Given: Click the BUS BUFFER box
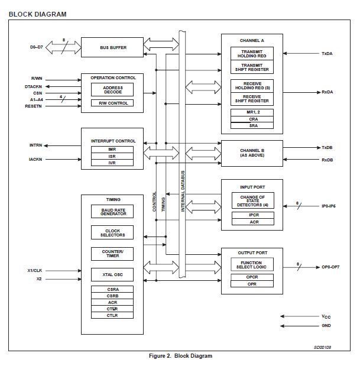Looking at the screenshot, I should coord(112,47).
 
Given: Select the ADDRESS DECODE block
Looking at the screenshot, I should coord(112,89).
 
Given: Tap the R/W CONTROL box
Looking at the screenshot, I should coord(112,103).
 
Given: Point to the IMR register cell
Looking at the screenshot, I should coord(112,150).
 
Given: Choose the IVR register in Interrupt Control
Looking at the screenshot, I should coord(112,163).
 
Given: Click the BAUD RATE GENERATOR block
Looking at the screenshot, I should coord(112,212).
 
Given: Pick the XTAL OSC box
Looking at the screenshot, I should coord(112,274).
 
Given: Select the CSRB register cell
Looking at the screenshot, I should coord(112,296).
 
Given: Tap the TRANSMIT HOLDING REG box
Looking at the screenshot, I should coord(252,53).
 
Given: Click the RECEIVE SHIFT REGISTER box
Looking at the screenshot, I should coord(252,99).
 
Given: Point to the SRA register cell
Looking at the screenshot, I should coord(252,125).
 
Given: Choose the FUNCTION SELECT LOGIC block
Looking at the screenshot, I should coord(252,265).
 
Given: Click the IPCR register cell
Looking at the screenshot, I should coord(252,215).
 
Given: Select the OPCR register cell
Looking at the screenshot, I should coord(252,277).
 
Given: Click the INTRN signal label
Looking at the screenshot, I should coord(36,145).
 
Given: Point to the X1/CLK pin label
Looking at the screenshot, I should coord(34,270).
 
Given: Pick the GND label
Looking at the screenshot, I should coord(326,326).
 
